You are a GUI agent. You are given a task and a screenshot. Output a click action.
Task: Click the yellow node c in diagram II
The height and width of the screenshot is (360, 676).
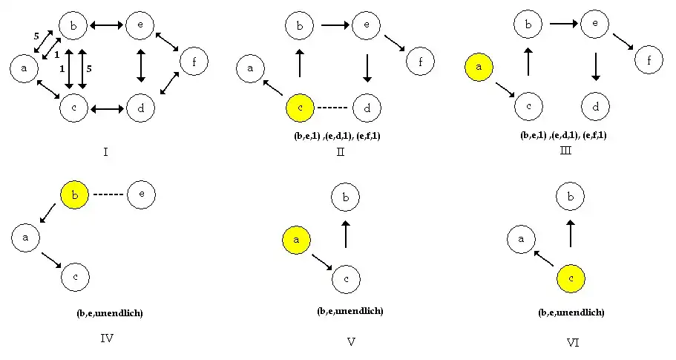(300, 108)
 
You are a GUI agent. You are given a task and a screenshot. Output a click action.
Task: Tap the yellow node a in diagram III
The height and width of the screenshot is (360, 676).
(479, 68)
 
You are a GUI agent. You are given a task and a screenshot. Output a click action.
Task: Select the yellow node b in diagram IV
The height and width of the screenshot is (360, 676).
(74, 195)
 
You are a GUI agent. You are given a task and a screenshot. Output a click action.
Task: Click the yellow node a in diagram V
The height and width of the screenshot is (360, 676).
(297, 241)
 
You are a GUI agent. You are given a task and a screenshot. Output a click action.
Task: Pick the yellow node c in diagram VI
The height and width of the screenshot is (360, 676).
(571, 279)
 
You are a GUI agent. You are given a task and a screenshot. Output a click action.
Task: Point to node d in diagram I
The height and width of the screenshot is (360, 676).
(141, 108)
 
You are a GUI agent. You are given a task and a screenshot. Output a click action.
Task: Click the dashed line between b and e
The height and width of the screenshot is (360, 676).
(108, 195)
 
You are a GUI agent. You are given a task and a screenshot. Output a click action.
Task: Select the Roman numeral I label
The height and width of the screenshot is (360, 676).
(107, 153)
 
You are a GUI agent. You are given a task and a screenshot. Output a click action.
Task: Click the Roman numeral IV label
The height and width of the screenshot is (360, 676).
(106, 339)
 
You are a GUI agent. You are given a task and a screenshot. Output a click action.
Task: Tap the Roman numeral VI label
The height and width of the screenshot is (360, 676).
(572, 342)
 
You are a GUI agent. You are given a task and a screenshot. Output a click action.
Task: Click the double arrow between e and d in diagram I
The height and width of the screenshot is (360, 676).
(141, 67)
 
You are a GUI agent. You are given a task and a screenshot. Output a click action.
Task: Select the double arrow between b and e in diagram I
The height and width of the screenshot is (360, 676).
(107, 25)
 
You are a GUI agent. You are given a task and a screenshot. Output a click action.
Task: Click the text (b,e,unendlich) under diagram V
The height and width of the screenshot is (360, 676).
(350, 310)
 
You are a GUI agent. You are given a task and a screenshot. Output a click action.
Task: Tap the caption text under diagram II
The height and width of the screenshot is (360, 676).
(337, 135)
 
